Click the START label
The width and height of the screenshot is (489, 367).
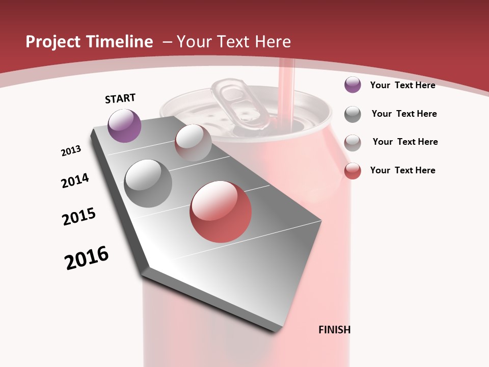coord(120,98)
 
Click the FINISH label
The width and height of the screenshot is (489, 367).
coord(334,330)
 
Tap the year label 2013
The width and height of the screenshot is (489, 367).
coord(71,151)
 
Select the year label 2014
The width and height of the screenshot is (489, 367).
coord(75,180)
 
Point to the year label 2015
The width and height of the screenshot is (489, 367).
coord(79,217)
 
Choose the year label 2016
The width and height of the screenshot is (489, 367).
coord(87,258)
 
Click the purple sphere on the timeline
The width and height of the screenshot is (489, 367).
coord(124,125)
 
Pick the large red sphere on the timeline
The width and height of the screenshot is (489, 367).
coord(221,212)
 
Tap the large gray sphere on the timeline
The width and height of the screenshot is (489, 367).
coord(148,183)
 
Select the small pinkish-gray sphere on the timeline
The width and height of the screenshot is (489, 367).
coord(193,143)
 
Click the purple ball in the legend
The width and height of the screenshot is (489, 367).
coord(352,85)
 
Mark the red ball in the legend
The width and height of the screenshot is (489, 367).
coord(352,170)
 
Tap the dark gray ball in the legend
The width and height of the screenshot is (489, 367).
coord(352,114)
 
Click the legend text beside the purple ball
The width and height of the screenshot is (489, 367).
coord(402,85)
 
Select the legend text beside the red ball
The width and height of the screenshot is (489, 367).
coord(402,170)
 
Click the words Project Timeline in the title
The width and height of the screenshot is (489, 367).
coord(89,42)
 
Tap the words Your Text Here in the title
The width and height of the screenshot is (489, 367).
coord(233,42)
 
